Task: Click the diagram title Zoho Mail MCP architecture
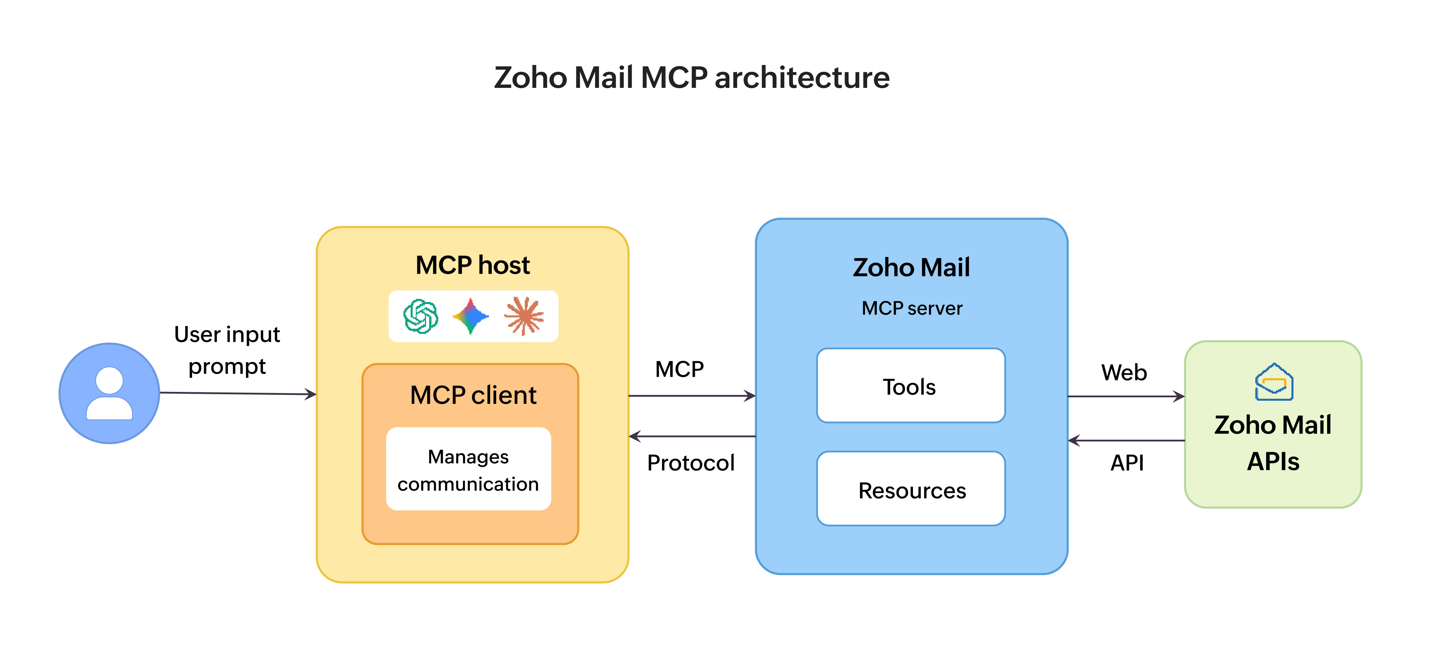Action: [691, 77]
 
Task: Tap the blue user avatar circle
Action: [109, 393]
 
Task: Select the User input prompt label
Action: [227, 350]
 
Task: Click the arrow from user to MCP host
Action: [238, 393]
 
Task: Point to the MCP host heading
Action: [472, 265]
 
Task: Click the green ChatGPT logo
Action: [420, 316]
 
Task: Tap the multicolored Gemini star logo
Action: [471, 316]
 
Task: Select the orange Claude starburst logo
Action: [524, 316]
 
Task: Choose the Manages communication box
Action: [468, 470]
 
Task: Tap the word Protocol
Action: [691, 463]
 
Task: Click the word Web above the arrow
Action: [1124, 373]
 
